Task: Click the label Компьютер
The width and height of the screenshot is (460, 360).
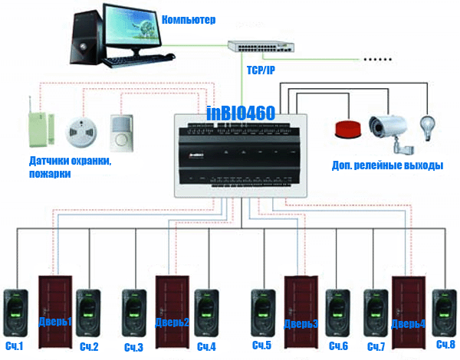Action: pyautogui.click(x=189, y=20)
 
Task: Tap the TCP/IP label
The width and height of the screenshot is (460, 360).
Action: pyautogui.click(x=261, y=70)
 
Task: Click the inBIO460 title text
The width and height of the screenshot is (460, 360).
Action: pyautogui.click(x=241, y=113)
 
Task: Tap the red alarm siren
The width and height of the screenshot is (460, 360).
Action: pyautogui.click(x=348, y=129)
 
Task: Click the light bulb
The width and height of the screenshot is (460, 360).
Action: pyautogui.click(x=428, y=128)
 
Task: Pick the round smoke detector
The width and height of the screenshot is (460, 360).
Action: pyautogui.click(x=81, y=132)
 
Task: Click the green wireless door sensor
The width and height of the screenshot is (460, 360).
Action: pyautogui.click(x=41, y=126)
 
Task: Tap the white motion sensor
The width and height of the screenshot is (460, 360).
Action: pyautogui.click(x=122, y=133)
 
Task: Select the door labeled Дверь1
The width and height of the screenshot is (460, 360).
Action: pyautogui.click(x=55, y=312)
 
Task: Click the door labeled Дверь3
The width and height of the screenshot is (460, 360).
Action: pyautogui.click(x=301, y=313)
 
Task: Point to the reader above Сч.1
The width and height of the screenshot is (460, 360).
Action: pyautogui.click(x=15, y=313)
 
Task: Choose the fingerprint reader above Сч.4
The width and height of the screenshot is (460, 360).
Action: pyautogui.click(x=206, y=313)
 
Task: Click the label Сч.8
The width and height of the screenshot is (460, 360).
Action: pyautogui.click(x=445, y=344)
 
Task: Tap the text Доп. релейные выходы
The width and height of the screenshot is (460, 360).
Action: pyautogui.click(x=387, y=165)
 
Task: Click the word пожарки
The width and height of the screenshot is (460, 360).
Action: pyautogui.click(x=50, y=174)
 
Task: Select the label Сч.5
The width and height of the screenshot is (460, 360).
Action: pyautogui.click(x=261, y=345)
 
